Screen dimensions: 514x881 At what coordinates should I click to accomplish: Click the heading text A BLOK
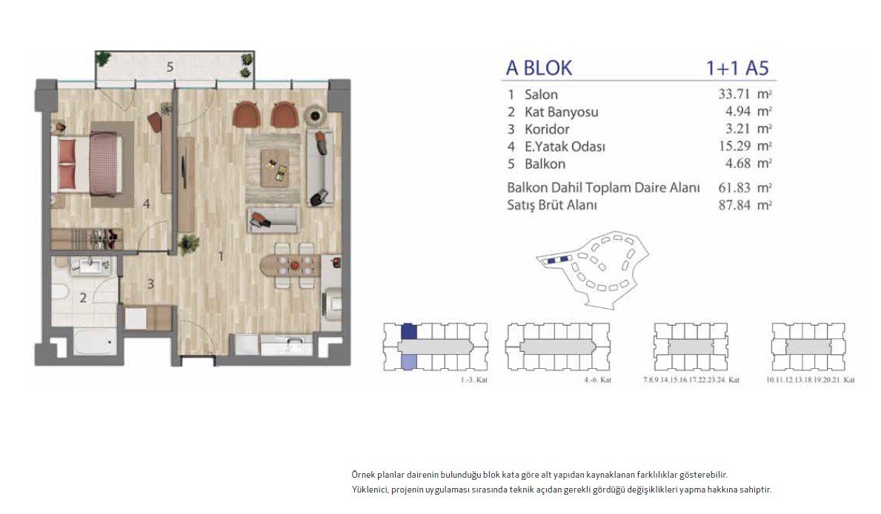pyautogui.click(x=539, y=68)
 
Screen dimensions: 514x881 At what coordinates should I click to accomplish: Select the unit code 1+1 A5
pyautogui.click(x=738, y=68)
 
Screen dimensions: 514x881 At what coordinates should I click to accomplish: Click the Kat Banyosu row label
pyautogui.click(x=561, y=113)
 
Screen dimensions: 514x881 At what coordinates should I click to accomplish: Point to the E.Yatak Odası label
pyautogui.click(x=565, y=147)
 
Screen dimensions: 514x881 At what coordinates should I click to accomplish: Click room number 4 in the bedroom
pyautogui.click(x=147, y=204)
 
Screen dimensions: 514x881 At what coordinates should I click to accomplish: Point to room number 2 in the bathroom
pyautogui.click(x=84, y=298)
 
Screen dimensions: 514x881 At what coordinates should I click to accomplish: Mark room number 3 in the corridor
pyautogui.click(x=150, y=283)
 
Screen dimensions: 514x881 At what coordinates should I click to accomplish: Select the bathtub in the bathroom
pyautogui.click(x=93, y=344)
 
